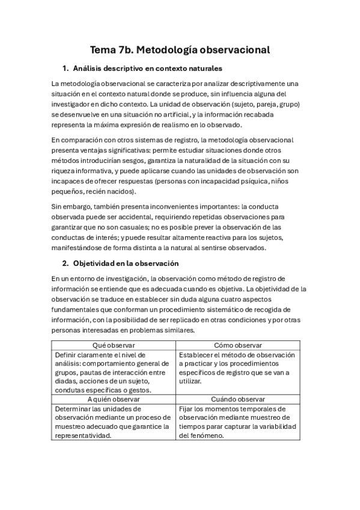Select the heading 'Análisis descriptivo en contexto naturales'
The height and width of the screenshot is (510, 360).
click(x=147, y=69)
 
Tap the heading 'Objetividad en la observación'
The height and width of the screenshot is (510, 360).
click(x=126, y=263)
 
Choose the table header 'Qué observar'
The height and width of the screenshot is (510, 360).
click(x=114, y=345)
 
